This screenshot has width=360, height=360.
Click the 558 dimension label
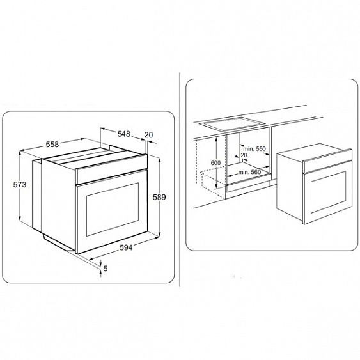tap(52, 145)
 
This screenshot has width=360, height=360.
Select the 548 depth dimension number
tap(124, 134)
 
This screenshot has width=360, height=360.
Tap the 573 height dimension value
tap(20, 185)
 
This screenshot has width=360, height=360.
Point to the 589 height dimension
tap(159, 197)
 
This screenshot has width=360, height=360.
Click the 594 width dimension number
tap(126, 247)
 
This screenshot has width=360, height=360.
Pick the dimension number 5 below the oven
tap(106, 268)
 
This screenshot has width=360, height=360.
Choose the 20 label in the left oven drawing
tap(148, 135)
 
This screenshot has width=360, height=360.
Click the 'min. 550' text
tap(254, 149)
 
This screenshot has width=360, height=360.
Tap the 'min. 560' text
tap(249, 172)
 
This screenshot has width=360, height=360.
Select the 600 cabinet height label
tap(215, 163)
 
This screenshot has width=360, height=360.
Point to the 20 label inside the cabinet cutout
tap(244, 155)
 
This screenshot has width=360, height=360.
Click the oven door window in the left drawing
tap(113, 209)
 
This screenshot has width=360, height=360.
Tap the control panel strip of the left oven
tap(111, 169)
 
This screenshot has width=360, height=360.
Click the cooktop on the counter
tap(232, 124)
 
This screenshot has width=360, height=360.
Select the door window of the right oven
tap(328, 192)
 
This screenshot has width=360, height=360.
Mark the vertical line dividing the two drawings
tap(180, 180)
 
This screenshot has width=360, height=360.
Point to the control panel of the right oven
tap(327, 160)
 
